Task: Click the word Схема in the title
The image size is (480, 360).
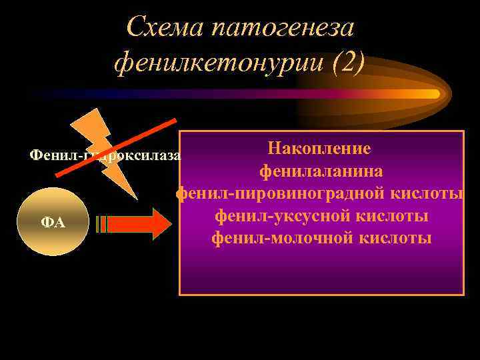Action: (x=165, y=27)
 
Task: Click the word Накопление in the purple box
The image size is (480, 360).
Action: (x=321, y=149)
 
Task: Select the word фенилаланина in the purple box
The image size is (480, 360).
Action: (x=321, y=171)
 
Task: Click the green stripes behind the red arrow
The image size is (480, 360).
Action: (x=101, y=223)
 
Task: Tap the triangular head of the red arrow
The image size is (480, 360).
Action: (x=161, y=223)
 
